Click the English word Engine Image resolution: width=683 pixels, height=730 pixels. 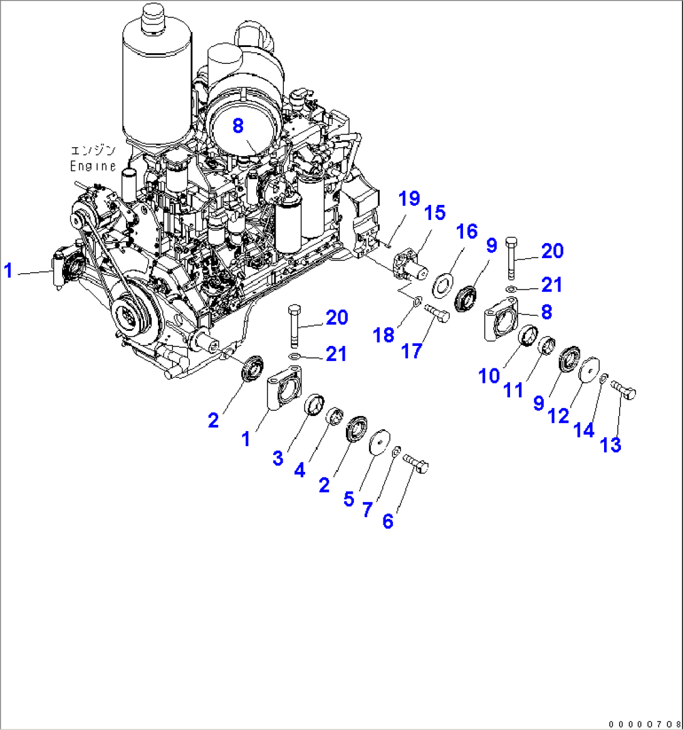[93, 166]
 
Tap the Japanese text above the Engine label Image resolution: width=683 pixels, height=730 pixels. [93, 150]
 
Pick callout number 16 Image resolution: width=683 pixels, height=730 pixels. [466, 232]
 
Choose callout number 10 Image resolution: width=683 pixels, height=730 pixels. [489, 375]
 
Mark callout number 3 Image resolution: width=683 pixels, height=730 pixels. [278, 458]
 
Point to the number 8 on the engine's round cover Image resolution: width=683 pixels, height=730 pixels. [237, 125]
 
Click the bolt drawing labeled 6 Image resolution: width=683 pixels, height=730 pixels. [416, 465]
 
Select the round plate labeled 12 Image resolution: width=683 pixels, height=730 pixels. [590, 370]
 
